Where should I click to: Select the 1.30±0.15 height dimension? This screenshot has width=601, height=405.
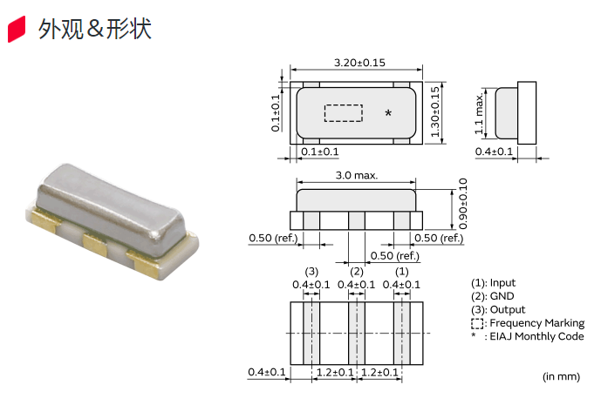pyautogui.click(x=435, y=112)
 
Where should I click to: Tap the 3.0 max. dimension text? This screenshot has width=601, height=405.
pyautogui.click(x=356, y=175)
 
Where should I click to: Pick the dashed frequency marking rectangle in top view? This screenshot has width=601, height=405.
pyautogui.click(x=343, y=113)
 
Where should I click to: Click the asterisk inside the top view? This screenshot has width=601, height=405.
pyautogui.click(x=388, y=114)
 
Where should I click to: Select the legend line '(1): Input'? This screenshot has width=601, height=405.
pyautogui.click(x=493, y=283)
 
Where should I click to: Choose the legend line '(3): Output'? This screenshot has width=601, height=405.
pyautogui.click(x=498, y=309)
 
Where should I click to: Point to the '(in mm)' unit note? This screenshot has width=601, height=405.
pyautogui.click(x=561, y=376)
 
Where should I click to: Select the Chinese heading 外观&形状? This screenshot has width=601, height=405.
pyautogui.click(x=95, y=29)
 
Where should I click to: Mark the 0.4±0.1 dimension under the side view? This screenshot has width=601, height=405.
pyautogui.click(x=494, y=152)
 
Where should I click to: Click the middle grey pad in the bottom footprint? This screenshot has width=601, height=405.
pyautogui.click(x=356, y=332)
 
